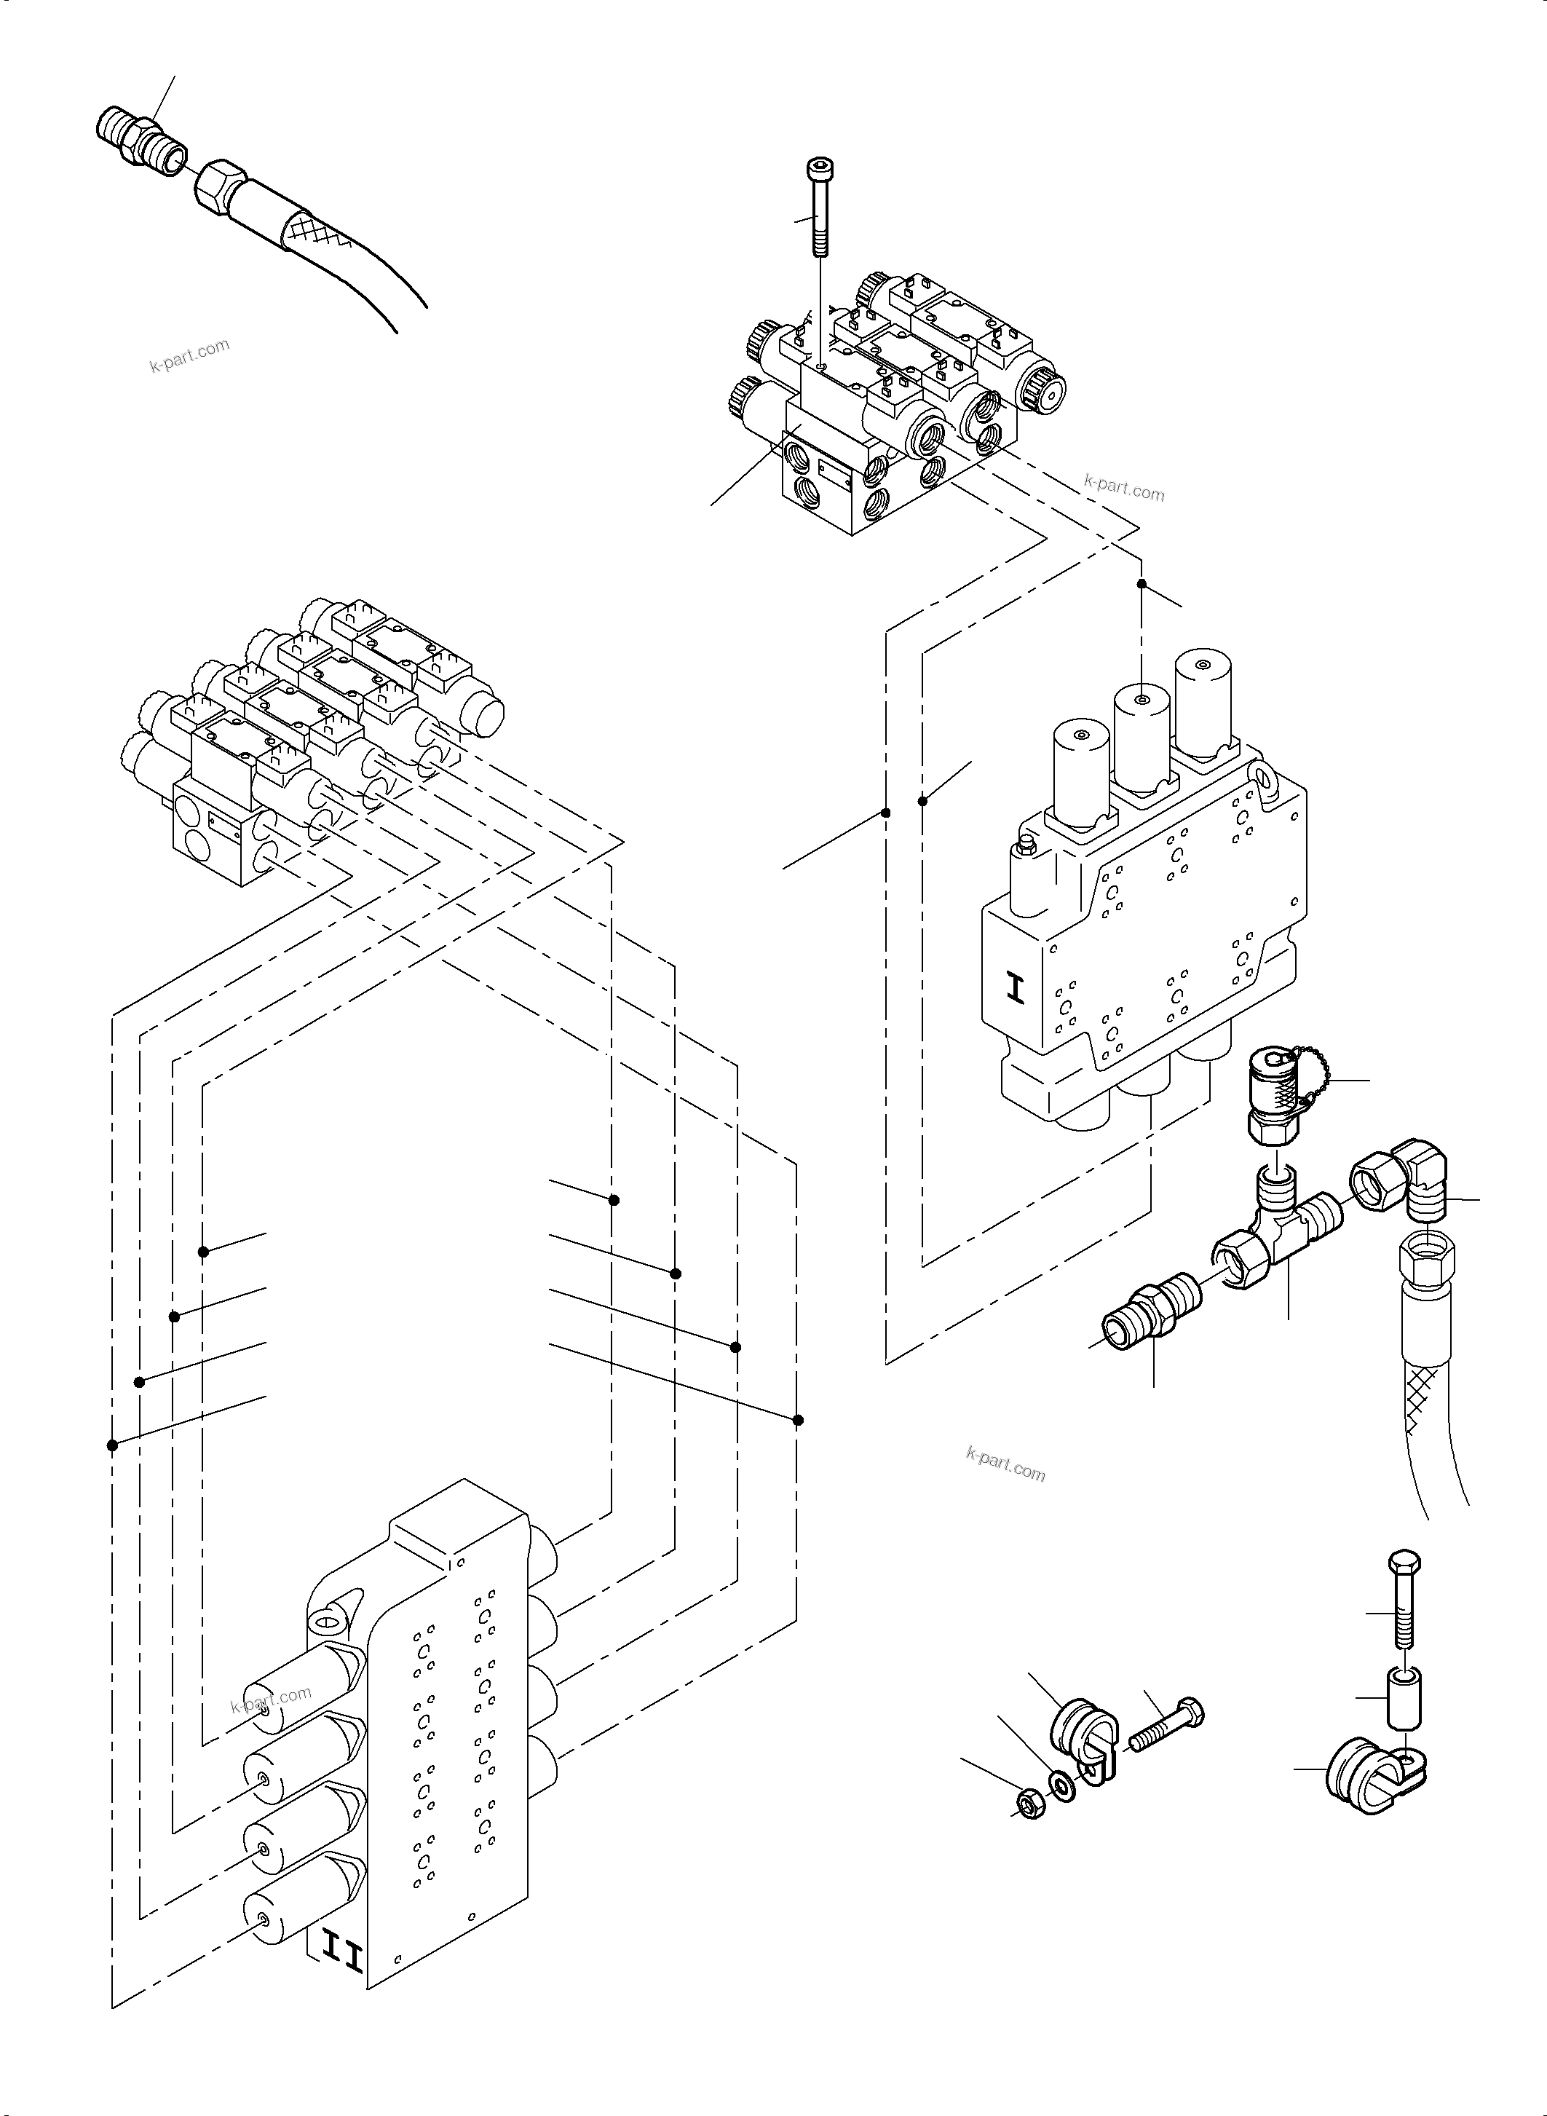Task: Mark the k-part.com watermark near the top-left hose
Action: pyautogui.click(x=189, y=355)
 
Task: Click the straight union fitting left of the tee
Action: pyautogui.click(x=1152, y=1307)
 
